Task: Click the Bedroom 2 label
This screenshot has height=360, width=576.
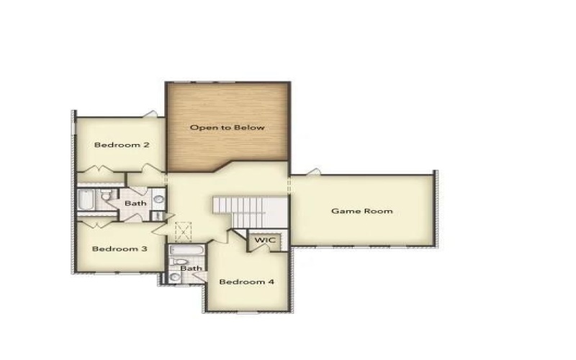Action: (x=122, y=145)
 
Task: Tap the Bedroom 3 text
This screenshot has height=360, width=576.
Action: (x=120, y=249)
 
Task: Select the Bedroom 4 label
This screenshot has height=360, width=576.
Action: (x=246, y=282)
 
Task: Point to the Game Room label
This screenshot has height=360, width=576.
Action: (x=361, y=211)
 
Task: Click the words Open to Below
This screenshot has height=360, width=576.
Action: (x=227, y=127)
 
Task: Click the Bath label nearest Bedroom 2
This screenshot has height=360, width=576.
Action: (x=135, y=204)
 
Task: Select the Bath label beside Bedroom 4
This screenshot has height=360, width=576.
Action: (x=191, y=269)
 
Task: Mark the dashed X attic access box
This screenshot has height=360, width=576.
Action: (x=184, y=230)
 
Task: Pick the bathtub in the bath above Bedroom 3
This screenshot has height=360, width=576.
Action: (x=86, y=201)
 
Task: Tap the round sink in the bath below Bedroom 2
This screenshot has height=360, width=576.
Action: (x=158, y=199)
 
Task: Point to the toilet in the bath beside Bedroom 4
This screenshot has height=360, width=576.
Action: (x=178, y=262)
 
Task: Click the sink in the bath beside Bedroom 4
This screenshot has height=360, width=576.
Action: (x=175, y=276)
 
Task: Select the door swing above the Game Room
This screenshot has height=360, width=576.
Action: (x=312, y=172)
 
